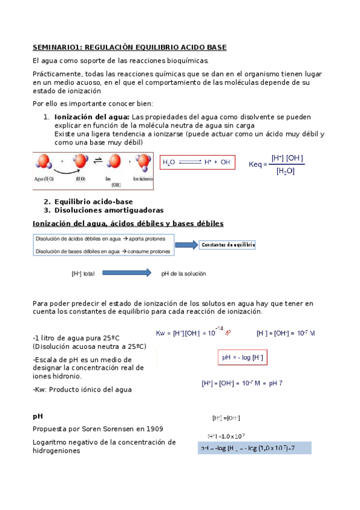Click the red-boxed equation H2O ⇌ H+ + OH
coord(197,162)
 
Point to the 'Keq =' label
coord(258,164)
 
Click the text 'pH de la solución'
coord(183,274)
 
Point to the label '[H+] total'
coord(83,274)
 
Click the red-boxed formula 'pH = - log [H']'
coord(242,358)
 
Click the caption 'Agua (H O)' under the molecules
coord(44,179)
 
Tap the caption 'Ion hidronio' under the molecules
coord(142,179)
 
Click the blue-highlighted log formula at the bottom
coord(254,448)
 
